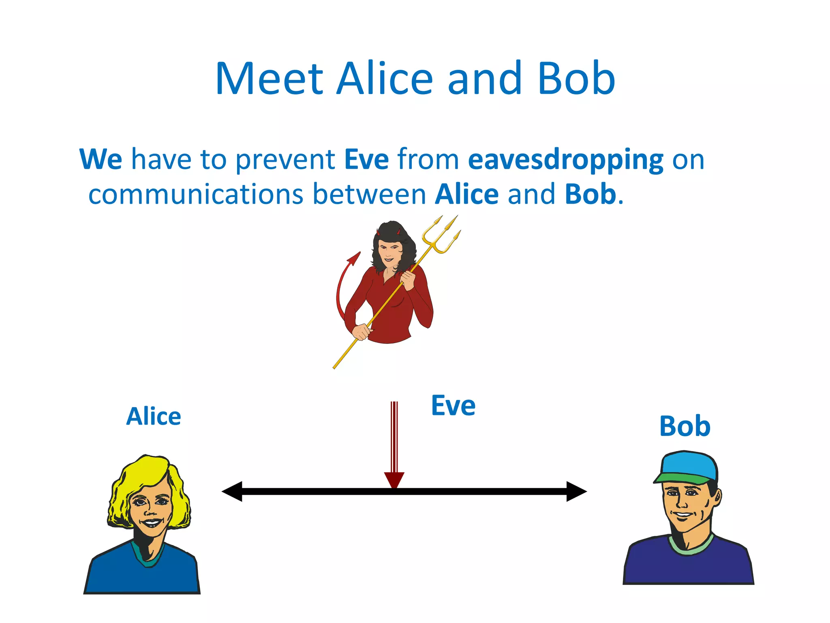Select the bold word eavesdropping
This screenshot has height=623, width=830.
coord(565,159)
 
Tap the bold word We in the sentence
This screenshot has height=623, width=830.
coord(101,159)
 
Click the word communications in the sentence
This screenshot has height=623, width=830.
coord(196,194)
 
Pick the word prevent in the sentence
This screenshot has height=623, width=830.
coord(285,159)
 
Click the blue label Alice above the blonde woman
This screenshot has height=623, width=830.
coord(154,417)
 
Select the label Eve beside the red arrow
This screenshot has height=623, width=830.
coord(453,406)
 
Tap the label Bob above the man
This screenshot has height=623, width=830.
coord(685,427)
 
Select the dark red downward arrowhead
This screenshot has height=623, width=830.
coord(394,480)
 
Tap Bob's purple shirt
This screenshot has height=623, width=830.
coord(689,568)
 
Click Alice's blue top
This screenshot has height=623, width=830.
coord(142,576)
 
